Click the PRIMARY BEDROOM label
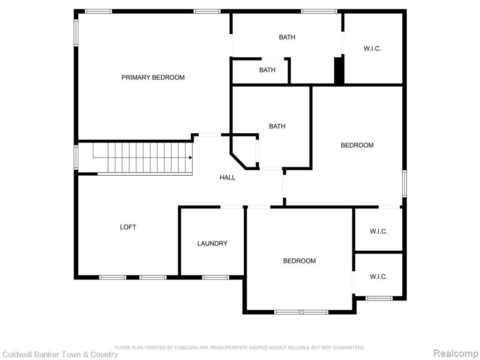(153, 77)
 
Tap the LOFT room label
(128, 227)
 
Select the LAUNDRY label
(212, 244)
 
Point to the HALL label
(227, 178)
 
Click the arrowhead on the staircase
(190, 157)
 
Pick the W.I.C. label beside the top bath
(372, 48)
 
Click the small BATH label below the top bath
(267, 70)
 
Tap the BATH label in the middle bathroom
(277, 126)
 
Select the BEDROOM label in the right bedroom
(357, 145)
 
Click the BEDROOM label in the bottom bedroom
(300, 261)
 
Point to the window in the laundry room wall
(216, 277)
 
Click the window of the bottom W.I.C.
(379, 298)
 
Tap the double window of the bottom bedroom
(301, 312)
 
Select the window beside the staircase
(76, 157)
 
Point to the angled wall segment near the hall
(239, 161)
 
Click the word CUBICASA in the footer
(187, 348)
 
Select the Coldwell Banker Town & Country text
(60, 355)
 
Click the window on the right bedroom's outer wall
(405, 184)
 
